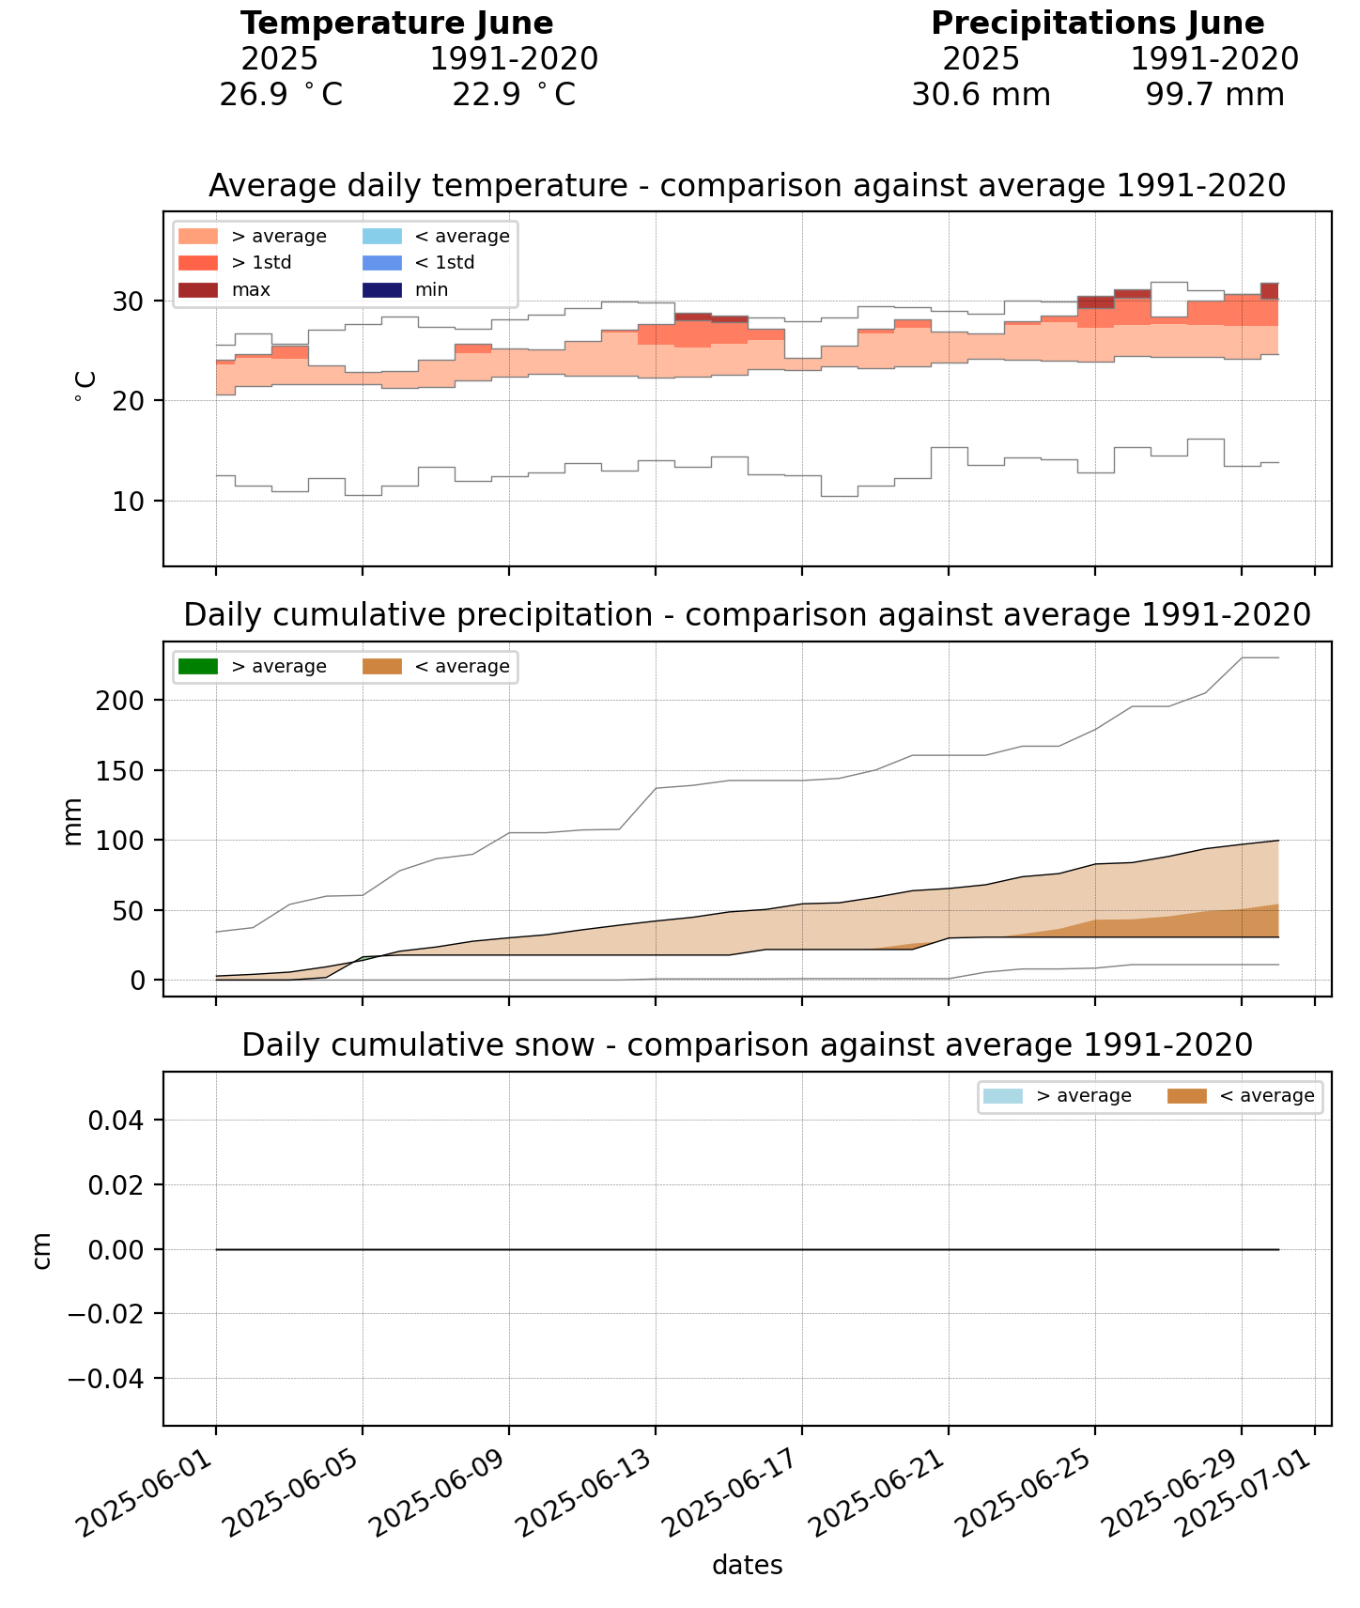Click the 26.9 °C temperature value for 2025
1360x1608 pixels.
280,95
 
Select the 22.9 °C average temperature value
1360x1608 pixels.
513,95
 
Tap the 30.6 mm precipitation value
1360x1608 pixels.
981,95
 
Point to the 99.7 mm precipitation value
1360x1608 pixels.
1213,95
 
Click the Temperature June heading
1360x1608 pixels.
396,23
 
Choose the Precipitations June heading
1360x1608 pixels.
1097,23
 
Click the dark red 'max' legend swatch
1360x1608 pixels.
197,290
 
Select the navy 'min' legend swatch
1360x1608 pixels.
380,290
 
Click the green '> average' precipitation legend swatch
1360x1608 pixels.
197,667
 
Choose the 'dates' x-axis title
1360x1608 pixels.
747,1565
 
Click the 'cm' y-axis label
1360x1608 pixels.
42,1250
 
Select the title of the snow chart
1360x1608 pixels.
747,1045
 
